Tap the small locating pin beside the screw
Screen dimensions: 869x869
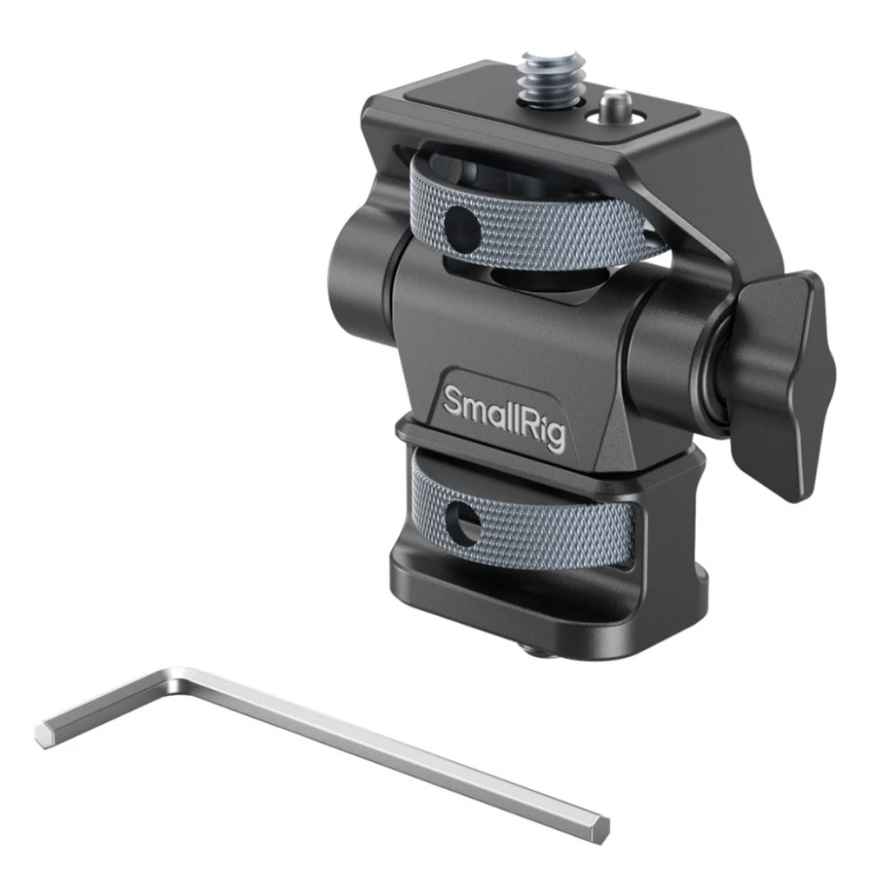click(x=612, y=103)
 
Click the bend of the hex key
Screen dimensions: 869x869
click(x=177, y=679)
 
